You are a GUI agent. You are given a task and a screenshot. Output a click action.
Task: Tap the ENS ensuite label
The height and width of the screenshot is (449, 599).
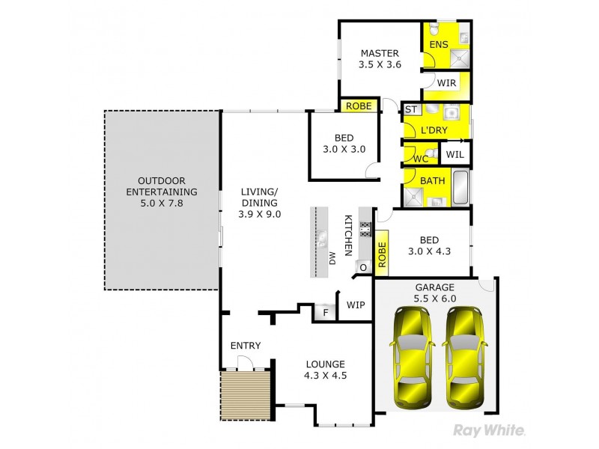(439, 45)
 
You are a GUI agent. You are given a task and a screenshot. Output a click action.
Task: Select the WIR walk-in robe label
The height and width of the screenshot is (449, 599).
(447, 82)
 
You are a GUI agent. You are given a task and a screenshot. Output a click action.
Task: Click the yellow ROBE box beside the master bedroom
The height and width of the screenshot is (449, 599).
(359, 106)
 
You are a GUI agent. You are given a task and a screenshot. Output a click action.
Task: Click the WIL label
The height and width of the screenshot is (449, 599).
(455, 155)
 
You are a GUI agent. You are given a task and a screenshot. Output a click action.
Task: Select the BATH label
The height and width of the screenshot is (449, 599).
(432, 181)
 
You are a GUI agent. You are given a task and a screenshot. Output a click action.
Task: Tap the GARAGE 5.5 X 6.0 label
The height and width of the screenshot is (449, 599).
(435, 293)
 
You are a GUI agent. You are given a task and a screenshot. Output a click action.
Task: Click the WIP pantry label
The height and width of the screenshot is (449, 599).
(355, 305)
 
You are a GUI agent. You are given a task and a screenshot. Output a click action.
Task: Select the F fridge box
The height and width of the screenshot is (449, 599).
(325, 312)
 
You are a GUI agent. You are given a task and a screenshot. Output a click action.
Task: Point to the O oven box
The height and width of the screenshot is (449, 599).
(363, 266)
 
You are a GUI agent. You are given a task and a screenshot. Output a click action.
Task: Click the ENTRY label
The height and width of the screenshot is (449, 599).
(245, 345)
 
